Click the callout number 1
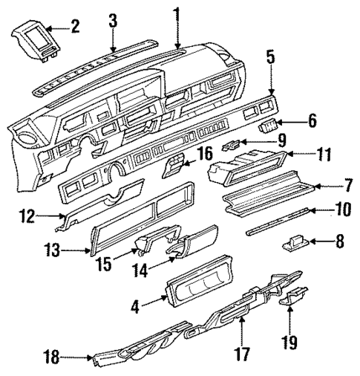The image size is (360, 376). tap(177, 13)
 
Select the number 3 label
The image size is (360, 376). tap(113, 20)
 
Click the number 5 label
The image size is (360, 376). tap(270, 56)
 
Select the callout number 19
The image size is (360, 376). tap(289, 343)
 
